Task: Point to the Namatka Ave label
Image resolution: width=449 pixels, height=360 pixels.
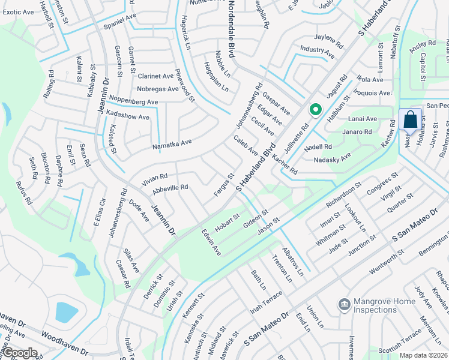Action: (172, 143)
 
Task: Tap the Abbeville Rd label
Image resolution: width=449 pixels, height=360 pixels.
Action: (170, 188)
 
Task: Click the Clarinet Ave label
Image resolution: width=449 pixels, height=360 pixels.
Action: (155, 76)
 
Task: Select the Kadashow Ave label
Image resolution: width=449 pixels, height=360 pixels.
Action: (127, 115)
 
